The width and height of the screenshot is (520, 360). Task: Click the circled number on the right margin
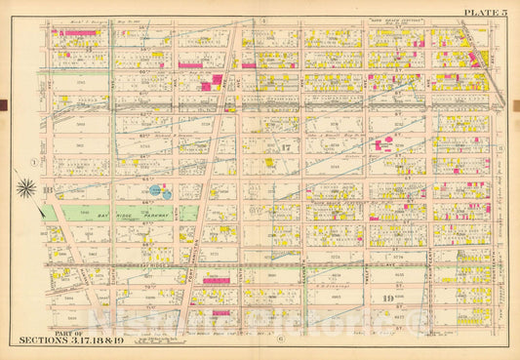499,148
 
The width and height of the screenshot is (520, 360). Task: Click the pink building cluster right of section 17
382,144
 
